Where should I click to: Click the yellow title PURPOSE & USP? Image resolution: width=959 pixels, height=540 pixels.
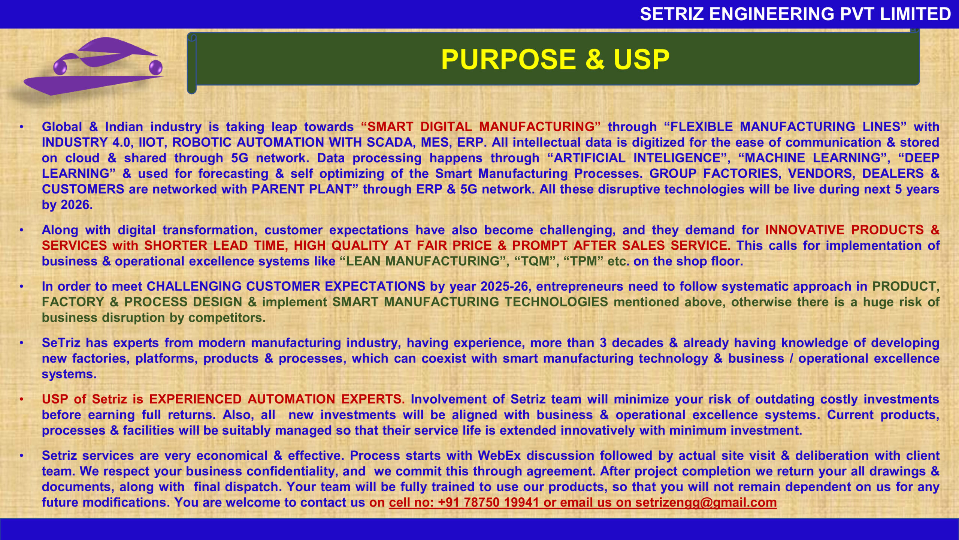tap(555, 59)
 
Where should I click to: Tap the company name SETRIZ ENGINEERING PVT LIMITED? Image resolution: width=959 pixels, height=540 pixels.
tap(795, 14)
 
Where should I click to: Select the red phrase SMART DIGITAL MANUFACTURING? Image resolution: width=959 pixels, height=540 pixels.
tap(481, 127)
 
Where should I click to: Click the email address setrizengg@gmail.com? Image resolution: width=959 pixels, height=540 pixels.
tap(706, 502)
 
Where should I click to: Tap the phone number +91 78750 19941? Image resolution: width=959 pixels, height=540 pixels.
tap(488, 502)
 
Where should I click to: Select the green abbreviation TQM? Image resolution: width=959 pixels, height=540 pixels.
tap(535, 261)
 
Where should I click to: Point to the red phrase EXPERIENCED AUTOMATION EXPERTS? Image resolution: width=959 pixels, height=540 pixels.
tap(277, 399)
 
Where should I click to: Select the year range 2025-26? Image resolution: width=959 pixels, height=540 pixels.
tap(504, 286)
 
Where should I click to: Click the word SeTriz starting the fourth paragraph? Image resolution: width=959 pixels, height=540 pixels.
tap(61, 343)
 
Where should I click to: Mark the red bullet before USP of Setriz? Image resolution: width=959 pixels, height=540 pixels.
tap(22, 399)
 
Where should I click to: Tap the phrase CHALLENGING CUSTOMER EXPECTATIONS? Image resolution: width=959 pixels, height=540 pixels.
tap(286, 286)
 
